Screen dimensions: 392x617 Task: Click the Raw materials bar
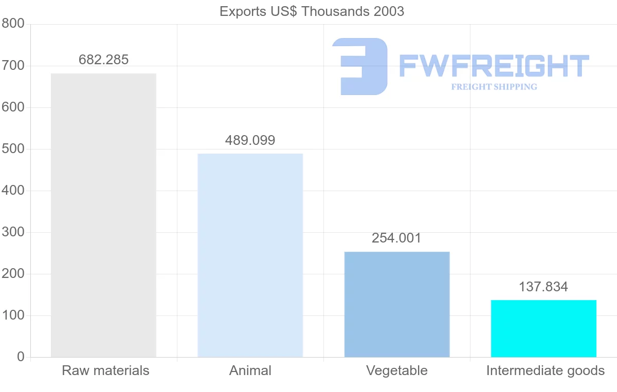(x=103, y=215)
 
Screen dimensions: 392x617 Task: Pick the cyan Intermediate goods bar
(x=543, y=328)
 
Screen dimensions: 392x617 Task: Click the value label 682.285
(x=103, y=60)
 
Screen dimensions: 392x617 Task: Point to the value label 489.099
(x=250, y=140)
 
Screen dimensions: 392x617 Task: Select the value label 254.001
(x=396, y=238)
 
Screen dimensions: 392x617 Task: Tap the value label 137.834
(x=543, y=287)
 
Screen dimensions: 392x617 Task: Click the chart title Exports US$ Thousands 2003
(x=312, y=11)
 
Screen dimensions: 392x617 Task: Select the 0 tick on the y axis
(x=21, y=357)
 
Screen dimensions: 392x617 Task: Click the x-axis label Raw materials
(x=105, y=370)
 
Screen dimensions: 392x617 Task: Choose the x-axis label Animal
(x=250, y=370)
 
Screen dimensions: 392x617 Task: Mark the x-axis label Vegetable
(x=397, y=370)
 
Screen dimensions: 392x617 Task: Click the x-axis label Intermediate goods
(x=546, y=370)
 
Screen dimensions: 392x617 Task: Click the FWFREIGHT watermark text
(x=494, y=66)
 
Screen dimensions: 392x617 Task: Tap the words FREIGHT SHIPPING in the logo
(x=494, y=87)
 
